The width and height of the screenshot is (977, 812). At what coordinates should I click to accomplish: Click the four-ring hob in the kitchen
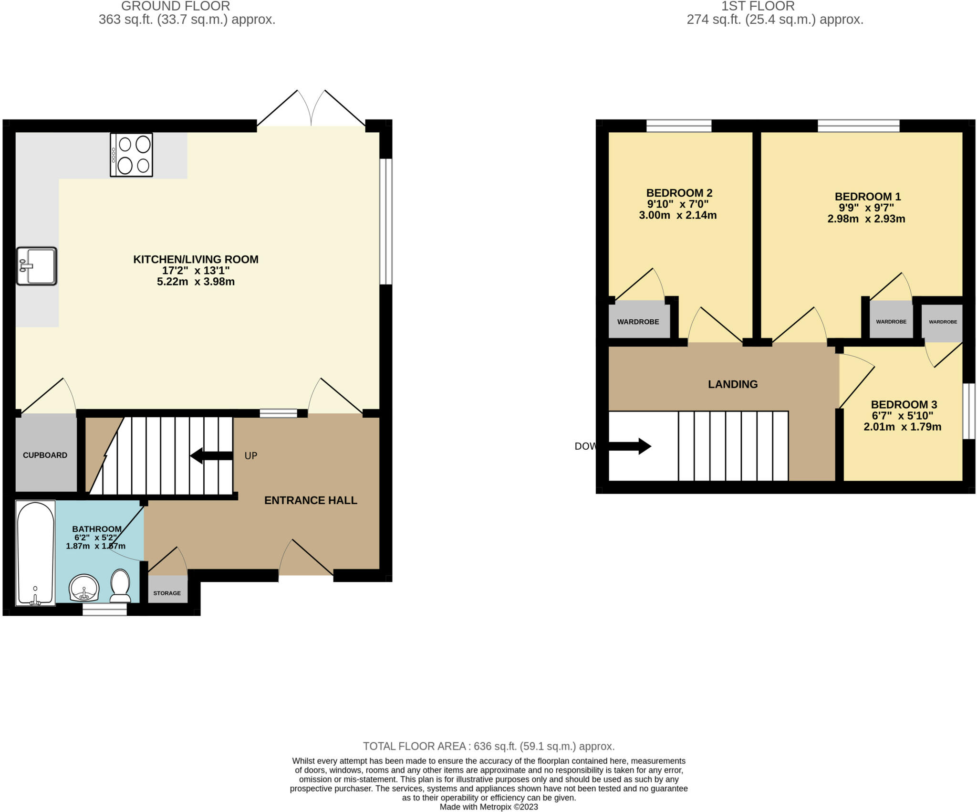pyautogui.click(x=132, y=155)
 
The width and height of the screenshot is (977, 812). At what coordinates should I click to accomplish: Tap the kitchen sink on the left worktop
pyautogui.click(x=37, y=266)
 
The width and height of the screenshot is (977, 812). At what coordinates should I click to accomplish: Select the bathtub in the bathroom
pyautogui.click(x=36, y=552)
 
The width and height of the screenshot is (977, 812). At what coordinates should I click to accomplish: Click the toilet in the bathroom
pyautogui.click(x=120, y=586)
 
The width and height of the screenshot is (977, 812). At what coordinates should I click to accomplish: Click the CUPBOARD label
pyautogui.click(x=45, y=455)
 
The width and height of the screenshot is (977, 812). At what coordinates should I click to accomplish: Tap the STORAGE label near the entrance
pyautogui.click(x=167, y=593)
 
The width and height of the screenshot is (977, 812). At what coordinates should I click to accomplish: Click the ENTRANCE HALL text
pyautogui.click(x=311, y=500)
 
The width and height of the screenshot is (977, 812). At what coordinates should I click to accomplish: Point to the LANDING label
pyautogui.click(x=733, y=384)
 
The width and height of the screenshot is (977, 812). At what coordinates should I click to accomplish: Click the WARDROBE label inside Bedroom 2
pyautogui.click(x=638, y=322)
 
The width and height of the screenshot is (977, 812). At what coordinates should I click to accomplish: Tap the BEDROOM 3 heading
pyautogui.click(x=904, y=404)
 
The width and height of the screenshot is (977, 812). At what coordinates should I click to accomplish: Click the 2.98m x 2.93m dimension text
pyautogui.click(x=866, y=219)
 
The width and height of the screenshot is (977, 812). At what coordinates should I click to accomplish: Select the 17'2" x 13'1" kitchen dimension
pyautogui.click(x=196, y=270)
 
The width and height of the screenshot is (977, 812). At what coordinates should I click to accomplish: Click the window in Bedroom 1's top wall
pyautogui.click(x=858, y=126)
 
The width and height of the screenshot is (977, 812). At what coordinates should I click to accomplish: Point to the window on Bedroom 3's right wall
pyautogui.click(x=968, y=411)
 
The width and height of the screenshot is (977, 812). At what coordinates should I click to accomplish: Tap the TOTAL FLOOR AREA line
pyautogui.click(x=488, y=746)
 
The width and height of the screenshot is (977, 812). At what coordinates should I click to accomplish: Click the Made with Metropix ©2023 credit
pyautogui.click(x=488, y=807)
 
